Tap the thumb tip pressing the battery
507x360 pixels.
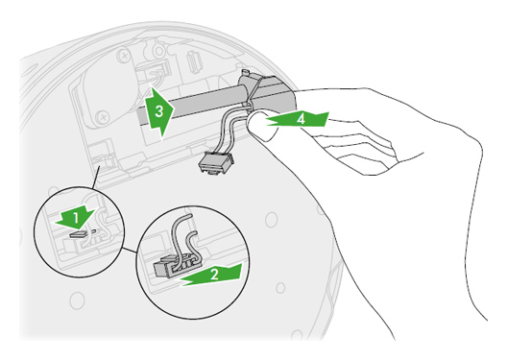click(x=259, y=124)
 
